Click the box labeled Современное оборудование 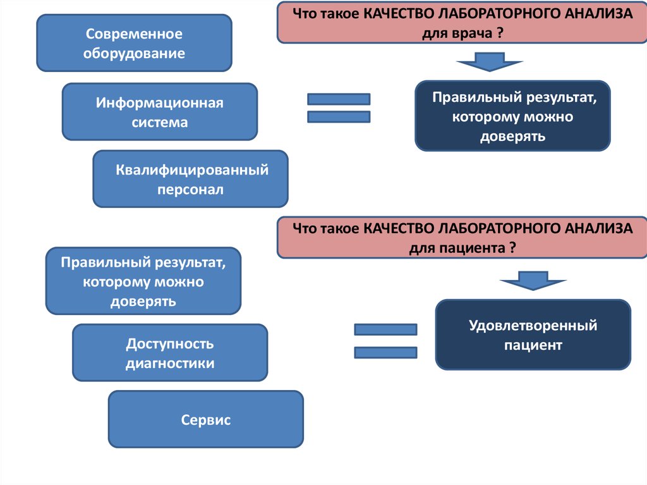pyautogui.click(x=135, y=43)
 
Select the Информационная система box pyautogui.click(x=160, y=111)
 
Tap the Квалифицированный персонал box pyautogui.click(x=191, y=179)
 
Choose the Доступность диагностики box pyautogui.click(x=170, y=353)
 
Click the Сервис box pyautogui.click(x=206, y=419)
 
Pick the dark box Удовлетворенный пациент pyautogui.click(x=533, y=335)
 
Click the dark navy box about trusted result pyautogui.click(x=512, y=116)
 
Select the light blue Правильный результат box pyautogui.click(x=143, y=281)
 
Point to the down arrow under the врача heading pyautogui.click(x=490, y=62)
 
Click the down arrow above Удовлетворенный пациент pyautogui.click(x=533, y=281)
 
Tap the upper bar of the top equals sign pyautogui.click(x=339, y=99)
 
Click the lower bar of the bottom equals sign pyautogui.click(x=386, y=352)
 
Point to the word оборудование pyautogui.click(x=134, y=54)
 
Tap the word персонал pyautogui.click(x=190, y=190)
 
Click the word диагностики pyautogui.click(x=170, y=364)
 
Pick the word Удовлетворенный pyautogui.click(x=533, y=326)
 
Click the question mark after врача pyautogui.click(x=500, y=33)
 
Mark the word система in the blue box pyautogui.click(x=160, y=123)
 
